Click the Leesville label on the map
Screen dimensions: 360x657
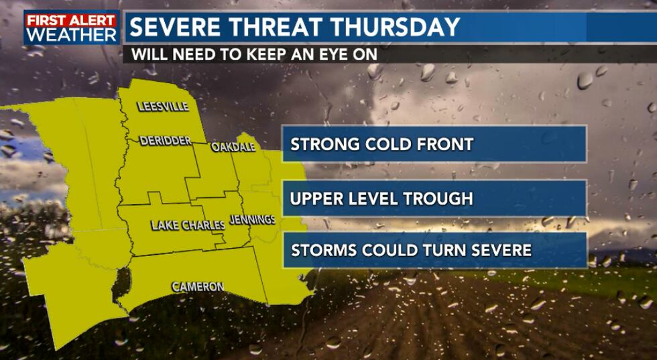[x=163, y=107]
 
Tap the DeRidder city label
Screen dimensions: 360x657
[x=165, y=141]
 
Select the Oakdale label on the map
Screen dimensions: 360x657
[x=233, y=147]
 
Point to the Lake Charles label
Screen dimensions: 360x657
[x=188, y=225]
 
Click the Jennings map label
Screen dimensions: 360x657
[x=252, y=219]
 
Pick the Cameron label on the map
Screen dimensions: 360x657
[x=198, y=286]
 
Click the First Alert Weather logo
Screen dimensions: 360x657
[x=72, y=27]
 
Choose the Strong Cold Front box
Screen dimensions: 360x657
[x=434, y=144]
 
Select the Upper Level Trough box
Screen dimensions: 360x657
[x=434, y=198]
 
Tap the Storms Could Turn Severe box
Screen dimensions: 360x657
[x=434, y=251]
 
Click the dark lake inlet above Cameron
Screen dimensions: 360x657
[x=121, y=285]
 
